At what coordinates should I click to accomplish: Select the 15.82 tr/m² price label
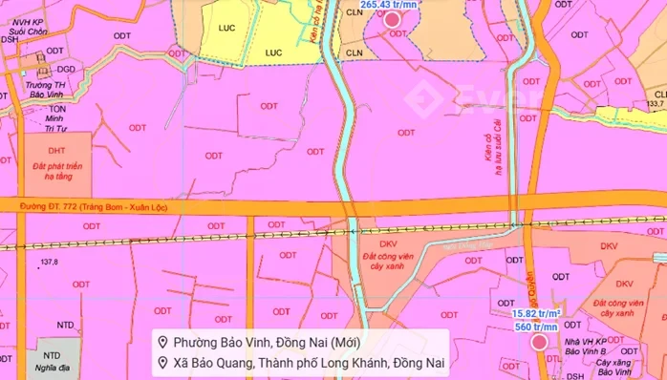534,312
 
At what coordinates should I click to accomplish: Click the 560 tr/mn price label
535,326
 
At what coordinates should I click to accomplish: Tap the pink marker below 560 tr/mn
539,342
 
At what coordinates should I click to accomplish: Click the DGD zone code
66,69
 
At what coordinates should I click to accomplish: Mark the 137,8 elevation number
49,262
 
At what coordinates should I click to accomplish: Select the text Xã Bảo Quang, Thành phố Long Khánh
301,363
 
